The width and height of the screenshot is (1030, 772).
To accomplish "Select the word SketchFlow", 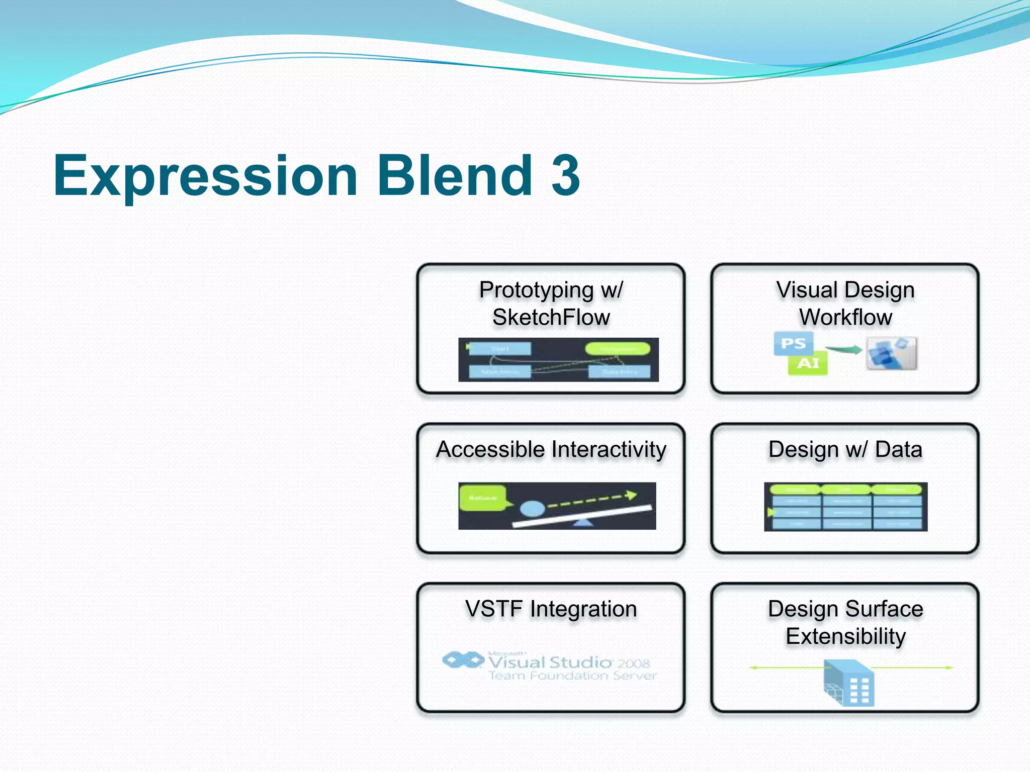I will pyautogui.click(x=551, y=317).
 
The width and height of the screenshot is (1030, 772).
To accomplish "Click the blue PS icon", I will pyautogui.click(x=793, y=343).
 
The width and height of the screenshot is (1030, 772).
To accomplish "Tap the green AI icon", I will pyautogui.click(x=808, y=363).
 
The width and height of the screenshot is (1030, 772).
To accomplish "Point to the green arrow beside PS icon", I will pyautogui.click(x=843, y=349).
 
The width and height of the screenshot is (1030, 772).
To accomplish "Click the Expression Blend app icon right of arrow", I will pyautogui.click(x=891, y=353).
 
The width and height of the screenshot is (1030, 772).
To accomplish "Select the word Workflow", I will pyautogui.click(x=845, y=317).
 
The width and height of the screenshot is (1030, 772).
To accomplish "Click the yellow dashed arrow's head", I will pyautogui.click(x=631, y=495).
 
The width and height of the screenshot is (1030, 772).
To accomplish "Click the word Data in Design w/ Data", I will pyautogui.click(x=898, y=449).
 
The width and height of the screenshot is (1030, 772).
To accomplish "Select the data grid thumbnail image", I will pyautogui.click(x=845, y=507).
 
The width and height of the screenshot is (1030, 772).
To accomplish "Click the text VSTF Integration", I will pyautogui.click(x=551, y=609).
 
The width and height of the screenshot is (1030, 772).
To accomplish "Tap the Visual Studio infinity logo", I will pyautogui.click(x=463, y=660).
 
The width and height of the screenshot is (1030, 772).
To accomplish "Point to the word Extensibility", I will pyautogui.click(x=845, y=636).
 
